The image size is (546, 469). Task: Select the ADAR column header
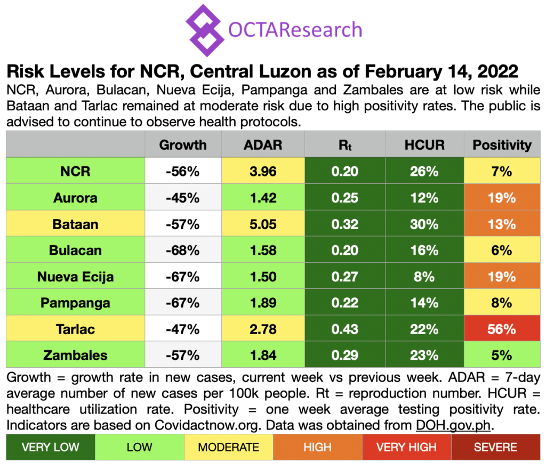pyautogui.click(x=263, y=144)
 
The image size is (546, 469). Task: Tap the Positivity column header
pyautogui.click(x=502, y=144)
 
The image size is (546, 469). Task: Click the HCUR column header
pyautogui.click(x=424, y=144)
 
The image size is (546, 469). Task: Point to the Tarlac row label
pyautogui.click(x=75, y=329)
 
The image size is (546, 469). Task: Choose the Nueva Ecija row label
pyautogui.click(x=75, y=277)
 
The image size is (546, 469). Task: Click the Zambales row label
pyautogui.click(x=75, y=355)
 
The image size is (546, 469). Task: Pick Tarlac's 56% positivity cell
pyautogui.click(x=502, y=329)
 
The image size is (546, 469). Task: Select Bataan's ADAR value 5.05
pyautogui.click(x=263, y=224)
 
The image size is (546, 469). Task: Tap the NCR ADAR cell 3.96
pyautogui.click(x=263, y=172)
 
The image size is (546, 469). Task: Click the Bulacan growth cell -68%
pyautogui.click(x=182, y=250)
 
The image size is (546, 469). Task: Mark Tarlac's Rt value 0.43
pyautogui.click(x=344, y=329)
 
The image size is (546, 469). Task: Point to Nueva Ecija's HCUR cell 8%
pyautogui.click(x=424, y=277)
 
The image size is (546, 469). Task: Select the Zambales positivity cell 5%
pyautogui.click(x=502, y=355)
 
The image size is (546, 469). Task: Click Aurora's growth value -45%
pyautogui.click(x=182, y=198)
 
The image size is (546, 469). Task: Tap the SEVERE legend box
pyautogui.click(x=495, y=447)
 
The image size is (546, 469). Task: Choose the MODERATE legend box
pyautogui.click(x=228, y=447)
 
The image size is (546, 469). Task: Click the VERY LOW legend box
pyautogui.click(x=50, y=447)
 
